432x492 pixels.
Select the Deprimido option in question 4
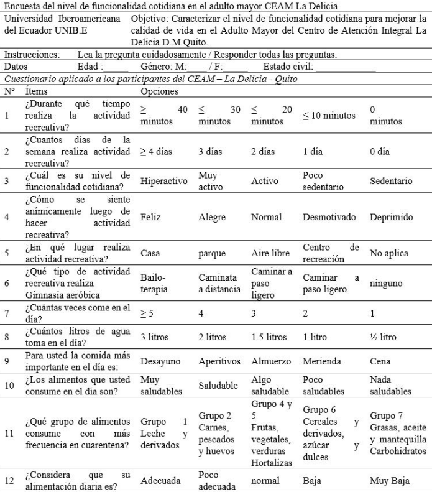click(x=390, y=218)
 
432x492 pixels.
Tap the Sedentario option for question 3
click(x=391, y=182)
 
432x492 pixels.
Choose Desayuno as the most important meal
click(x=159, y=361)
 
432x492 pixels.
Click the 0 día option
click(x=380, y=151)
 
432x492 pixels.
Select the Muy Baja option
click(x=390, y=480)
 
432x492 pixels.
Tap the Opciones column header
click(x=160, y=91)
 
